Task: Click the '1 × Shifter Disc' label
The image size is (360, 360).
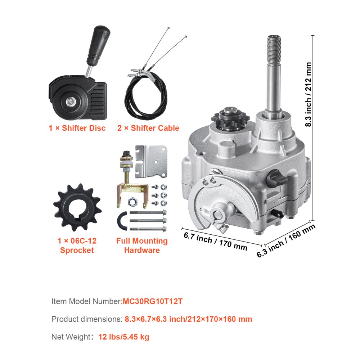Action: click(77, 128)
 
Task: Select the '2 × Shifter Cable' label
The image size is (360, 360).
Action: click(148, 128)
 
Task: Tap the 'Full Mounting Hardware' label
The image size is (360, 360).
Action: click(142, 246)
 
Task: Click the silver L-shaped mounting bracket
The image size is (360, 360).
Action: click(151, 162)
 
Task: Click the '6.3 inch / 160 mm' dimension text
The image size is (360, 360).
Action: click(286, 240)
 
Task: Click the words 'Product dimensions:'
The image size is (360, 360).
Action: click(87, 319)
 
